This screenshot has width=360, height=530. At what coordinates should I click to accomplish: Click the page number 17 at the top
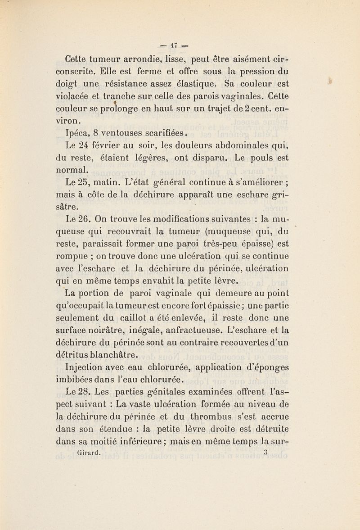[179, 45]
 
